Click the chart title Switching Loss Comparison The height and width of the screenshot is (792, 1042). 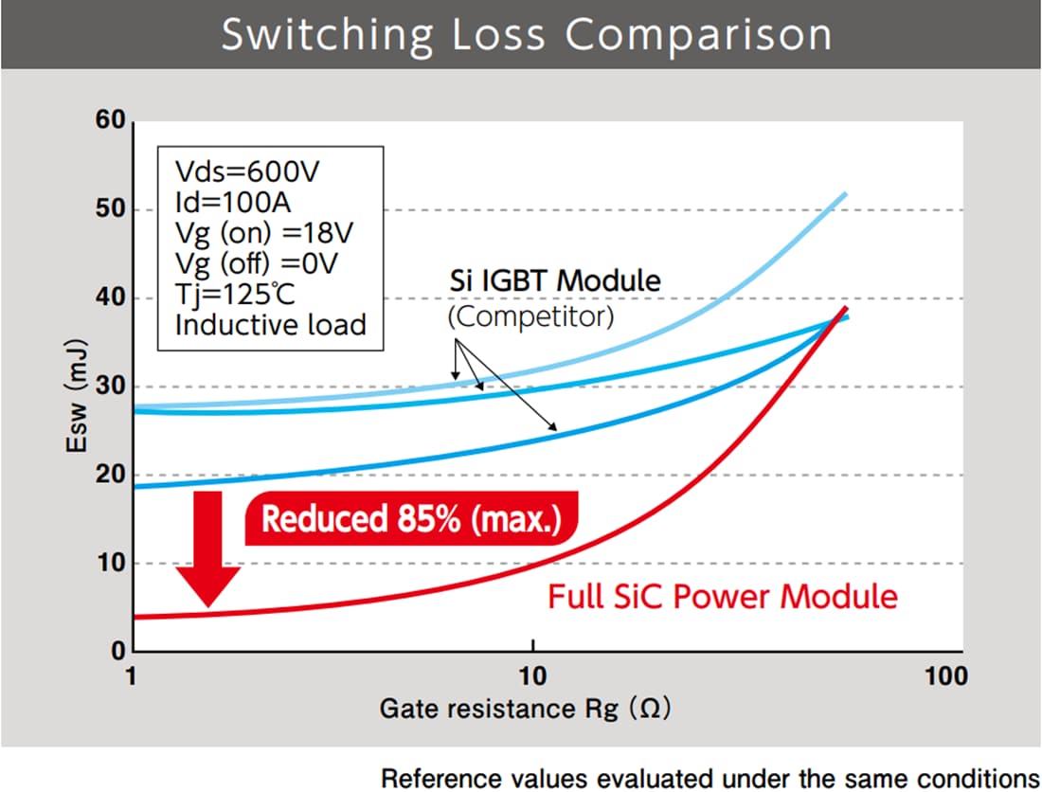[x=526, y=35]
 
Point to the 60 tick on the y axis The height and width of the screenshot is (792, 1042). [x=110, y=121]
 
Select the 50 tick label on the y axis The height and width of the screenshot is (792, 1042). [x=110, y=209]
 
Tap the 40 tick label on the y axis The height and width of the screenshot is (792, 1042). [x=110, y=297]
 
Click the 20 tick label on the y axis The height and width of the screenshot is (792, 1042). [x=110, y=475]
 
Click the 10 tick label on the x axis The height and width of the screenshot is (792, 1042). [x=533, y=676]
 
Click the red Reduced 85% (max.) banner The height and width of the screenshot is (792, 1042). [x=409, y=520]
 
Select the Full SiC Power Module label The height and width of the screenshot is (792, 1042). [x=723, y=597]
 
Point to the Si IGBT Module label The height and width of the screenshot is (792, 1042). [x=554, y=281]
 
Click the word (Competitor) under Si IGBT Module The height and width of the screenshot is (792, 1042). [x=530, y=315]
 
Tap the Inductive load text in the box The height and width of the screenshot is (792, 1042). [x=270, y=324]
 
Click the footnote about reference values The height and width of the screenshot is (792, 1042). [x=709, y=778]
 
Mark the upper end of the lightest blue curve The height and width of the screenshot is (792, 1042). [x=845, y=193]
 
